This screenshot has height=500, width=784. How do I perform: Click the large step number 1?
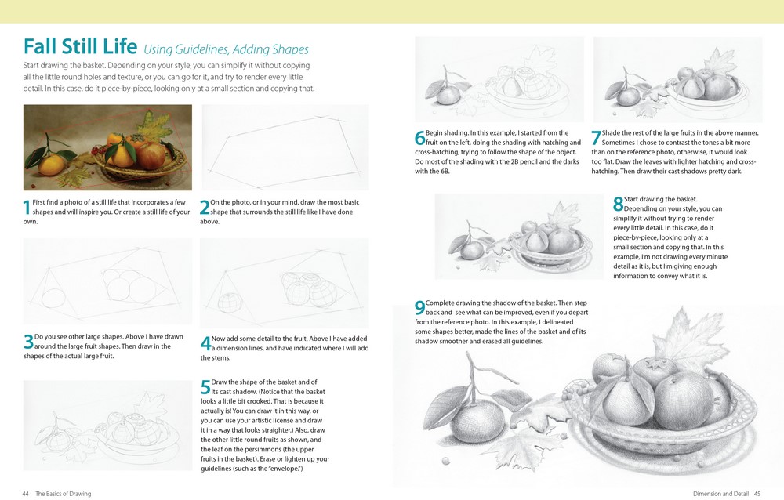coord(27,208)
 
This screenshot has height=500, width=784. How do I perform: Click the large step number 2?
coord(205,208)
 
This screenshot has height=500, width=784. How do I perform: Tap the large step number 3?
coord(28,342)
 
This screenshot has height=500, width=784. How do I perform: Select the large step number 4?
coord(205,342)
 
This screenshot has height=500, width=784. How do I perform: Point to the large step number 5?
coord(205,387)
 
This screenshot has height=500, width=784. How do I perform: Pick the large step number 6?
coord(419,139)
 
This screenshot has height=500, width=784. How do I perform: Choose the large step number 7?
coord(596,139)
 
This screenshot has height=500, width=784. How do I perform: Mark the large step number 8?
coord(618,205)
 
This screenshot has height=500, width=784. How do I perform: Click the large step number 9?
coord(419,308)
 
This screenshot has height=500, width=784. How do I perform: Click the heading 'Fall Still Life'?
coord(80,46)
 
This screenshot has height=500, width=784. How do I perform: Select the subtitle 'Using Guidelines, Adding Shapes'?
coord(226,49)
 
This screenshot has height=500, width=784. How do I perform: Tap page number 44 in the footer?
coord(26,494)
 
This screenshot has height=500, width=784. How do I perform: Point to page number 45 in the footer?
coord(757,494)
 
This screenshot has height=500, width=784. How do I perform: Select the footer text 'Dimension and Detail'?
coord(721,494)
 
